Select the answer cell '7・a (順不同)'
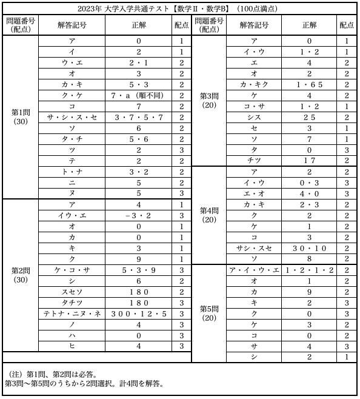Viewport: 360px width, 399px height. [x=138, y=95]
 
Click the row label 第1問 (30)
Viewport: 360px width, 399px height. [x=20, y=116]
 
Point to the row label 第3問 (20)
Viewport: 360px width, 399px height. [x=209, y=100]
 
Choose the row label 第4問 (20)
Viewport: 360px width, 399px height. [x=209, y=215]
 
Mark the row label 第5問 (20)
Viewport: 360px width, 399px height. [x=209, y=313]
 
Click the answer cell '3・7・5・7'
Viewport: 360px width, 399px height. [x=138, y=117]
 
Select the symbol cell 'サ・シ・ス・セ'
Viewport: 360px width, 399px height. [x=72, y=117]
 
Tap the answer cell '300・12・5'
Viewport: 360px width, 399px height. [x=138, y=313]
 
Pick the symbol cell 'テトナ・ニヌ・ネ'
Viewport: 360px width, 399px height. [x=72, y=313]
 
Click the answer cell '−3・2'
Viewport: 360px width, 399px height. [x=138, y=215]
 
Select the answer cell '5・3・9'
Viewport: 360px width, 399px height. [x=138, y=270]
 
